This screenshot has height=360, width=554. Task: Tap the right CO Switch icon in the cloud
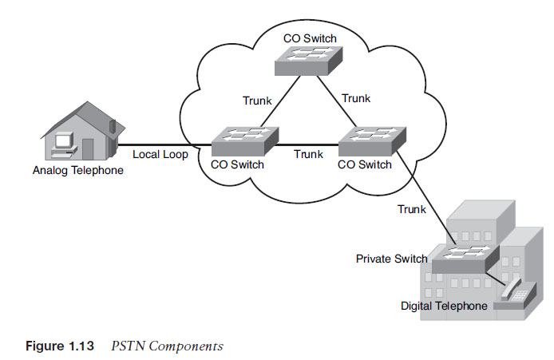click(370, 141)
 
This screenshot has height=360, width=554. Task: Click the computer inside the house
click(59, 143)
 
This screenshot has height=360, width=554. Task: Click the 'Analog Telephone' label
click(78, 170)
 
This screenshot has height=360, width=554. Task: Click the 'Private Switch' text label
click(391, 259)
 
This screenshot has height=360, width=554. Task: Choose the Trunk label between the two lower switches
click(308, 154)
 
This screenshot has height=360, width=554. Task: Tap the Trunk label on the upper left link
click(258, 101)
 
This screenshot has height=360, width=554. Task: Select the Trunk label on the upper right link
click(356, 98)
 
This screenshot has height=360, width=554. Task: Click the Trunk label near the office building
click(411, 209)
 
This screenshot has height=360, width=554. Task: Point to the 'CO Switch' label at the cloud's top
click(309, 38)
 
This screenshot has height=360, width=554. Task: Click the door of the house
click(88, 148)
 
